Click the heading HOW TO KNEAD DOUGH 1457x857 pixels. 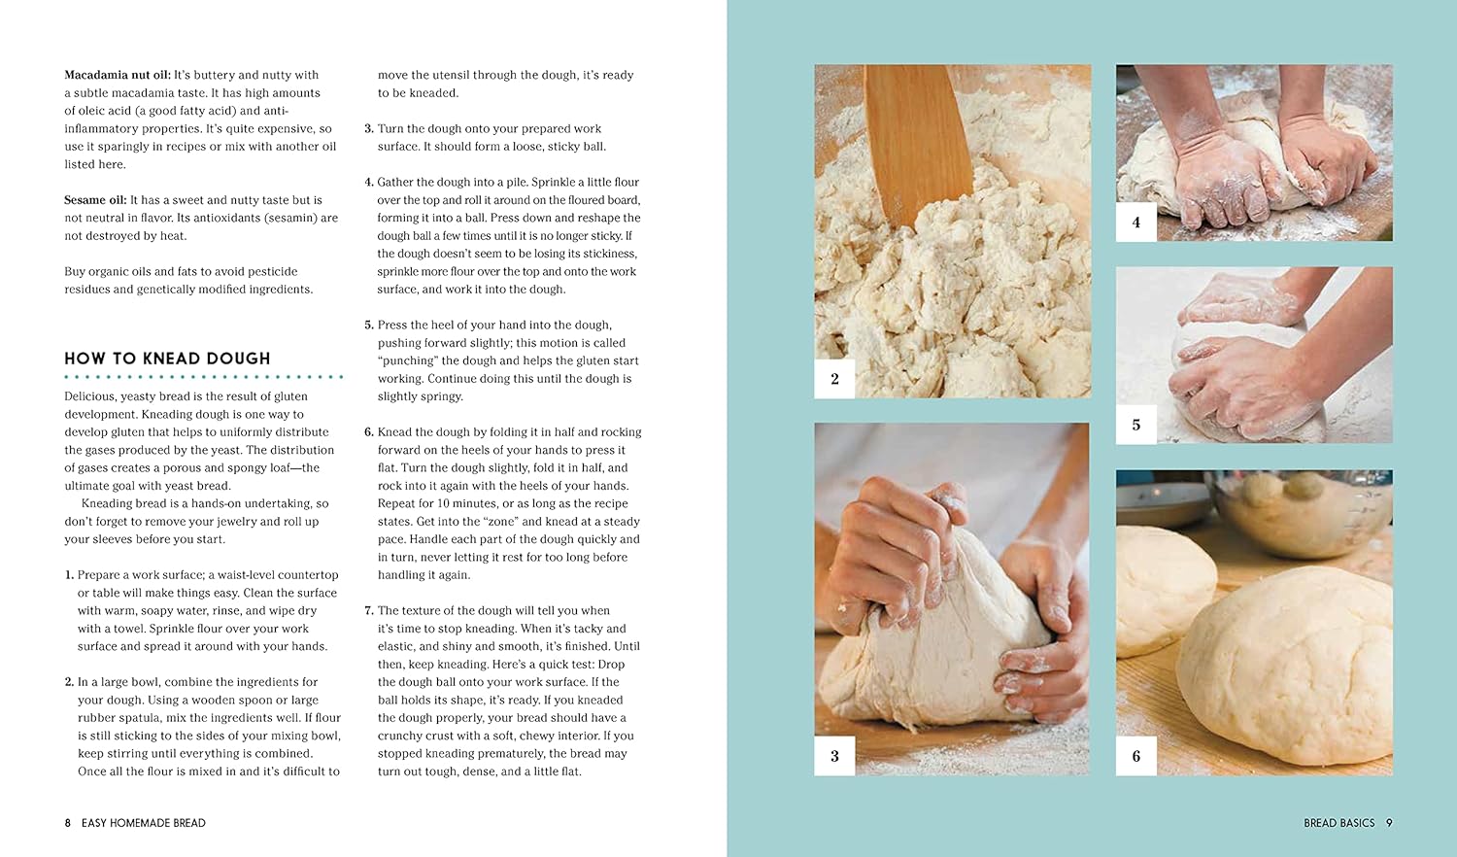[x=167, y=359]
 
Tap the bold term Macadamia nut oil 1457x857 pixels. [x=118, y=75]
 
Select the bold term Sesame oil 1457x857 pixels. [x=95, y=200]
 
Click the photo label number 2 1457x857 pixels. [x=834, y=379]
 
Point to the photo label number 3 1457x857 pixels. [x=834, y=756]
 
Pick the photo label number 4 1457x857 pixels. [x=1136, y=222]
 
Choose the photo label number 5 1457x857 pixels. [x=1136, y=425]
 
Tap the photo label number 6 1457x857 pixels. [x=1136, y=756]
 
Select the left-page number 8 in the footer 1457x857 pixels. [x=68, y=823]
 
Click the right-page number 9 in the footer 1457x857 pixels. [x=1389, y=823]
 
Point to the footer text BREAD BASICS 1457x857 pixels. [x=1339, y=823]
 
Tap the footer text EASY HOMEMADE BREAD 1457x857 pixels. [x=144, y=823]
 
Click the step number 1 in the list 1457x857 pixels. [x=69, y=575]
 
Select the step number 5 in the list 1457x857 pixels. [x=369, y=325]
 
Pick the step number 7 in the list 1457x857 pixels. [x=369, y=610]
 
